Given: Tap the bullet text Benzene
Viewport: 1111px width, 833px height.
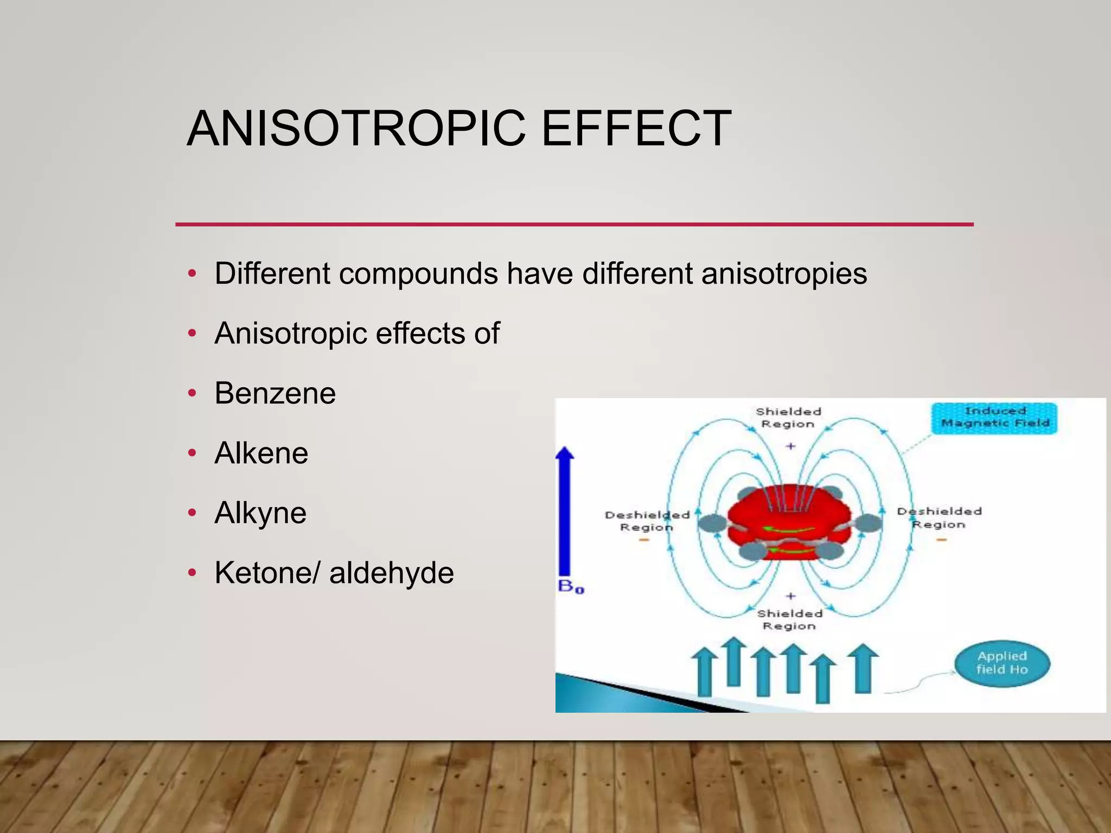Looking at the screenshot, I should click(x=275, y=393).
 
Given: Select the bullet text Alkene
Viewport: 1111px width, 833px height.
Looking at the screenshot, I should click(x=261, y=453).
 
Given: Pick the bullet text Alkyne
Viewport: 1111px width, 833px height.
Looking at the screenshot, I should click(x=260, y=513).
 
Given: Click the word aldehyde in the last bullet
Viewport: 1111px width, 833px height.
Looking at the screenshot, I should click(x=391, y=573).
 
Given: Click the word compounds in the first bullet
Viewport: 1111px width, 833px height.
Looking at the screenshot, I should click(x=418, y=273).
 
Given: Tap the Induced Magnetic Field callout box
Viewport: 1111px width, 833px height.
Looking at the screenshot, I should click(x=994, y=418).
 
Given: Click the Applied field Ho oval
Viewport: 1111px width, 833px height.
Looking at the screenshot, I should click(x=1001, y=663).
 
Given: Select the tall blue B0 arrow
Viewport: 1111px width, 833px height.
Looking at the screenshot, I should click(x=565, y=510).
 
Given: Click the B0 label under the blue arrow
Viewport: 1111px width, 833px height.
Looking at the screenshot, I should click(x=571, y=587).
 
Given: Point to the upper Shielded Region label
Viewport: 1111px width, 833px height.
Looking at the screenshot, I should click(x=788, y=418).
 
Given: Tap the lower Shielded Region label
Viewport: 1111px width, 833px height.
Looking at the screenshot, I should click(x=789, y=619).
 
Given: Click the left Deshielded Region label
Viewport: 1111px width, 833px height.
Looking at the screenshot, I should click(x=647, y=521).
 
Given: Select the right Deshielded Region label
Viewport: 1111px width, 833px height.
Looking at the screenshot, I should click(x=939, y=518).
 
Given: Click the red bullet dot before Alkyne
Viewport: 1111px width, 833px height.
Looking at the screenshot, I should click(x=191, y=513).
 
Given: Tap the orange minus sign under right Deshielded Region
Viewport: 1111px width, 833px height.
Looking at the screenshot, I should click(x=941, y=540).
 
